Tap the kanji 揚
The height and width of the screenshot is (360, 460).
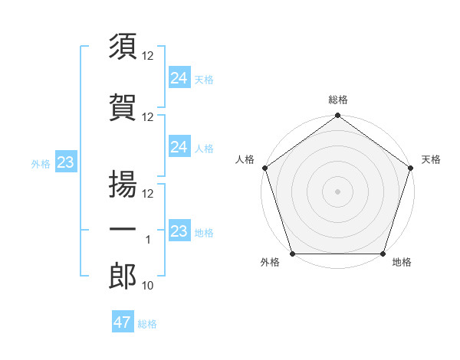[123, 185]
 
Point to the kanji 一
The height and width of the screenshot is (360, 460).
[123, 231]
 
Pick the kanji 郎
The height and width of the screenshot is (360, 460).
[123, 277]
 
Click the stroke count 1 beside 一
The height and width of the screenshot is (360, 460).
[149, 240]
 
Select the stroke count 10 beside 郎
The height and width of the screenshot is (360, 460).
[149, 286]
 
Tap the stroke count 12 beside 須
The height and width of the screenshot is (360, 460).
[149, 55]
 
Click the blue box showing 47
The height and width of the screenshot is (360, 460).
[123, 322]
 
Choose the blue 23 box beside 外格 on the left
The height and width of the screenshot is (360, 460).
[65, 162]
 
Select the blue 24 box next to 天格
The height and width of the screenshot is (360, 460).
[179, 77]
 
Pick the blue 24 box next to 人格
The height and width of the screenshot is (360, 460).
[179, 146]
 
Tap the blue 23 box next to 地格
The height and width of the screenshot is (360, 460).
[179, 231]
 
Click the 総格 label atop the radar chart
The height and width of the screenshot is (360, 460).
[338, 100]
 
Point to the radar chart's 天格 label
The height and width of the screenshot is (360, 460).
[431, 159]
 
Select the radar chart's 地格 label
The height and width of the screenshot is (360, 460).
[402, 263]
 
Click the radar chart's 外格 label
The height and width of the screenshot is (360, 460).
[270, 263]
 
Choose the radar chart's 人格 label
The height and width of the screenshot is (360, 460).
[245, 159]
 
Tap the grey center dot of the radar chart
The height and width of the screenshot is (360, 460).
[337, 191]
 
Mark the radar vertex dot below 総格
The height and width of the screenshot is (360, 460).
[337, 116]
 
